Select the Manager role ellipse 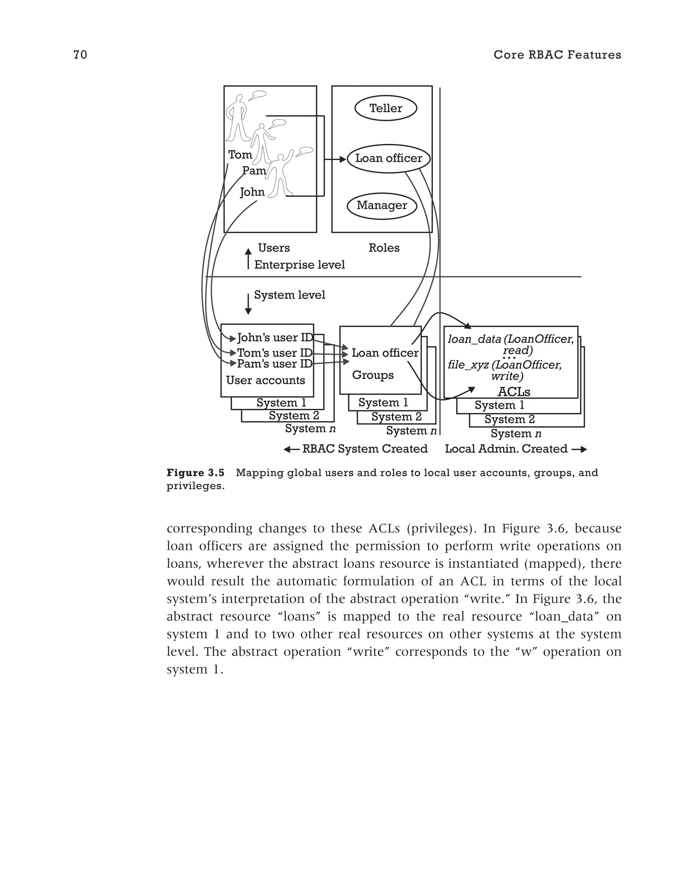[x=382, y=205]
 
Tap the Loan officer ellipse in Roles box [x=388, y=158]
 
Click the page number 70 [x=80, y=55]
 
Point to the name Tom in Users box [x=240, y=155]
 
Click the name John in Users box [x=252, y=192]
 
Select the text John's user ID [x=274, y=338]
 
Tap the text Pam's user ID [x=274, y=364]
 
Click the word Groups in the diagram [x=373, y=375]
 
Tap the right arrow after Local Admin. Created [x=579, y=450]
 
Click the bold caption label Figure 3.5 [x=195, y=473]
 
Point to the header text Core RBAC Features [x=557, y=55]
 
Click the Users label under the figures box [x=274, y=248]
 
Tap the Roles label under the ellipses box [x=384, y=248]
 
